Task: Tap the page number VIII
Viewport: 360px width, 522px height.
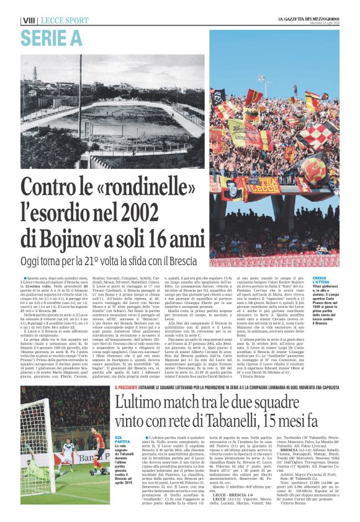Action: click(28, 21)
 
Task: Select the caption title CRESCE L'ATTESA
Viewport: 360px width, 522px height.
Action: click(323, 280)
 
